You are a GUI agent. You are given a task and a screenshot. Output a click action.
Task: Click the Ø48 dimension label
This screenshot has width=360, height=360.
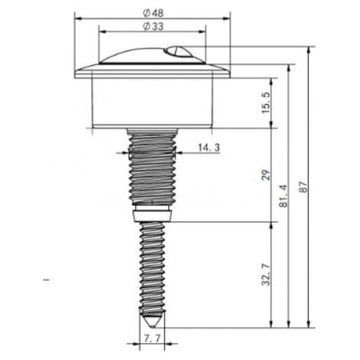pos(153,13)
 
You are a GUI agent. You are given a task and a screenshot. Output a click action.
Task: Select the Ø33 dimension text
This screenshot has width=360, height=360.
pos(153,26)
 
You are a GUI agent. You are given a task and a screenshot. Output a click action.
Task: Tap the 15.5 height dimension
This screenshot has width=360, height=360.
pos(266,103)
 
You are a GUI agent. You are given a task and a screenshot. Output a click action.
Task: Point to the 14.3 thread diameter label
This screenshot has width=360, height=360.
pos(209,148)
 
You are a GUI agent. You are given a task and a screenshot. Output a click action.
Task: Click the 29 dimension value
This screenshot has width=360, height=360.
pos(266,175)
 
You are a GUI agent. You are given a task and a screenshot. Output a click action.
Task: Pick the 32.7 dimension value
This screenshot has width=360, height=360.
pos(266,275)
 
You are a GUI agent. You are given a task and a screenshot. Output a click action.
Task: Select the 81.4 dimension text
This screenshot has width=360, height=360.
pos(283,196)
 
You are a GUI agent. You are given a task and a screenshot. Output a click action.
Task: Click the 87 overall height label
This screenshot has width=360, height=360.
pos(303,187)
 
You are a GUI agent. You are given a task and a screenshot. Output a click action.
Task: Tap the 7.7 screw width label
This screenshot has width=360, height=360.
pos(152,339)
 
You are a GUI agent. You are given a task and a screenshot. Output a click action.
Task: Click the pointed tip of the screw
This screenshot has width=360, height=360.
pos(152,327)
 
